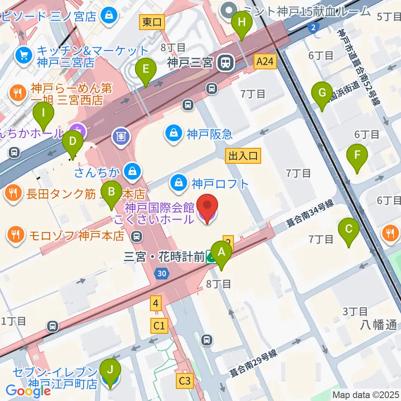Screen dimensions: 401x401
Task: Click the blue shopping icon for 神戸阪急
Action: [173, 134]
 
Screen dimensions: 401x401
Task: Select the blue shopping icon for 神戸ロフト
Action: [179, 183]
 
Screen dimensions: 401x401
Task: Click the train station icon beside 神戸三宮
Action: [226, 63]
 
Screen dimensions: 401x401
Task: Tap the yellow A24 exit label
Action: [265, 62]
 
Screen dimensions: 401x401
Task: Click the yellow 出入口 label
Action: [244, 156]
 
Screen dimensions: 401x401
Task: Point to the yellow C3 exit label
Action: [185, 381]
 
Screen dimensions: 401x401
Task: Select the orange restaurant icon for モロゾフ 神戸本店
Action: [16, 235]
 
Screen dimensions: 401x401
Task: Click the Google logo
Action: [28, 391]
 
